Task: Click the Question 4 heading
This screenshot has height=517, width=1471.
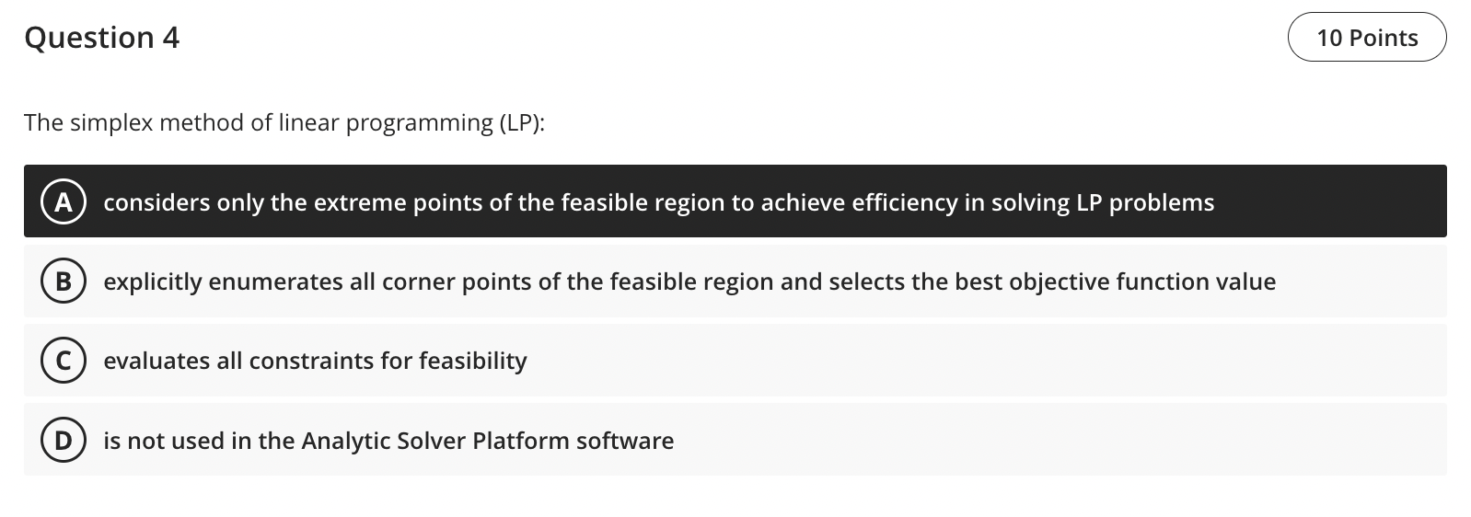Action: pos(102,38)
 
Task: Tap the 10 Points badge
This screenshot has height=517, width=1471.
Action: pos(1367,38)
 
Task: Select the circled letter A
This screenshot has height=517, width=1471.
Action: pos(63,201)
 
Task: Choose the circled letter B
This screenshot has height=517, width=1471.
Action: pos(63,281)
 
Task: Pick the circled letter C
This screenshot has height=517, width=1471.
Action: pos(63,361)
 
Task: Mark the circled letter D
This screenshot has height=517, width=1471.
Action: pos(63,441)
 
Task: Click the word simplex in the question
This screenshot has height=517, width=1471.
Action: pos(111,123)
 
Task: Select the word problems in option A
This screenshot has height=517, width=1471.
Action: pos(1161,203)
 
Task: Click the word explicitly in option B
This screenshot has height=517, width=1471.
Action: pos(153,282)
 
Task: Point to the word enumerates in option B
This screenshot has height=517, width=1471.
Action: pos(275,282)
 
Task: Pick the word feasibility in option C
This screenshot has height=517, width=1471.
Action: pos(472,362)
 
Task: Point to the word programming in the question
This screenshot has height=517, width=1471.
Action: pos(419,123)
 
